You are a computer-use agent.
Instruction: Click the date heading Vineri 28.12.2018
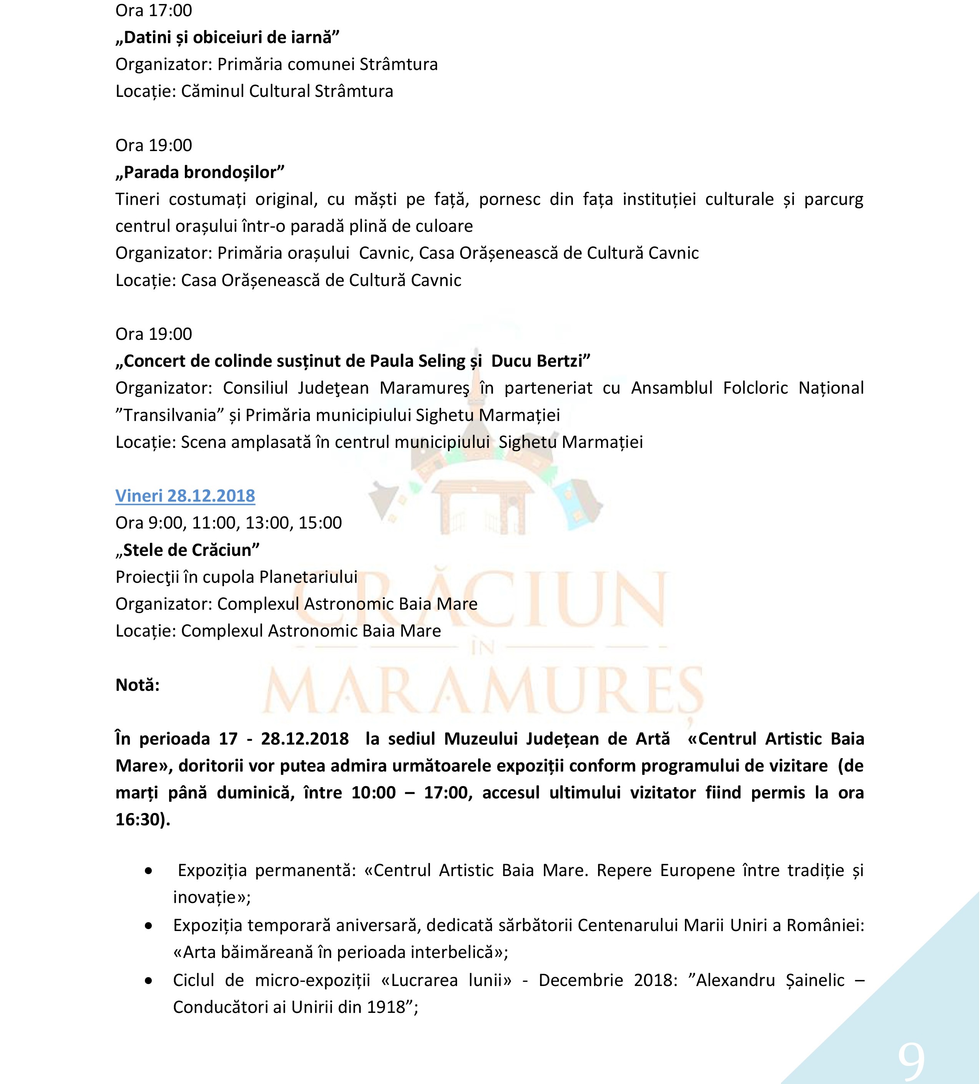click(x=185, y=496)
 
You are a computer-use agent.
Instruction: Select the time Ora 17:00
click(x=154, y=10)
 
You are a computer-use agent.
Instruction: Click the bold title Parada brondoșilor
click(x=199, y=172)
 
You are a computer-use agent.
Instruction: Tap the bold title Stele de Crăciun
click(x=187, y=550)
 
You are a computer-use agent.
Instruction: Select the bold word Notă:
click(x=138, y=685)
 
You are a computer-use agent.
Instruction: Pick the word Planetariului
click(x=308, y=577)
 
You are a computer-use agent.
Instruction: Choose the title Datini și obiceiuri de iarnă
click(x=228, y=38)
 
